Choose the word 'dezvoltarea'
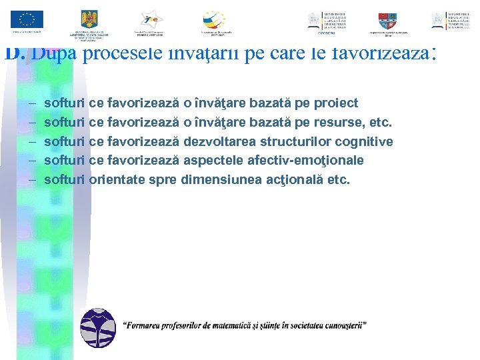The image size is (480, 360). [219, 141]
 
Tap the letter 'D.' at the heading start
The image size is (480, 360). [15, 53]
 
